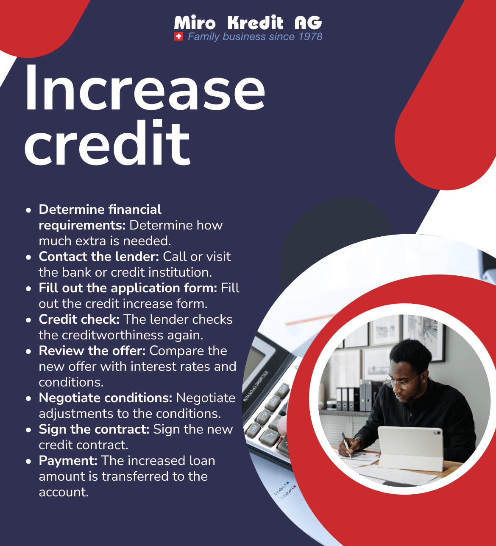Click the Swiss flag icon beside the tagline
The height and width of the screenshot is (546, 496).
tap(178, 36)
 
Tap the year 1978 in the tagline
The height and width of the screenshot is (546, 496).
tap(310, 36)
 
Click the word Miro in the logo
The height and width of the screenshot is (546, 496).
tap(195, 22)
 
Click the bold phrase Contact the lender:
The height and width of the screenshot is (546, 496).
tap(99, 257)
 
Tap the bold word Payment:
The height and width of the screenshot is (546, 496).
tap(68, 461)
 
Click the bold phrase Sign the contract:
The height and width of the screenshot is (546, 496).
tap(94, 429)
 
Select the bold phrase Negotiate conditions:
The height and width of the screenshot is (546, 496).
tap(105, 398)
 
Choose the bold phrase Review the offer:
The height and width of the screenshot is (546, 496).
tap(92, 351)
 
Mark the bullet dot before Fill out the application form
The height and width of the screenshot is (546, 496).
tap(28, 288)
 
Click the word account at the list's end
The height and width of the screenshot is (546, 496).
tap(63, 492)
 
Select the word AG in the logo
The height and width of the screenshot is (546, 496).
tap(308, 22)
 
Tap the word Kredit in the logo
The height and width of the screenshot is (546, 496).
tap(255, 22)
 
